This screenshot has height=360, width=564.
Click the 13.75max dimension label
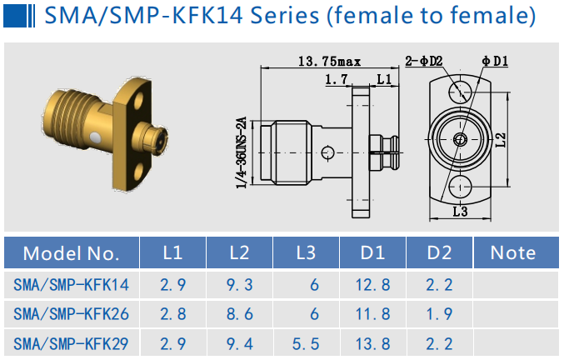click(329, 61)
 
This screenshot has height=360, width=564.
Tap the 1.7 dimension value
click(337, 79)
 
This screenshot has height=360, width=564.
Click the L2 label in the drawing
click(500, 140)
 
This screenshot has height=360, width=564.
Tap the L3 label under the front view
click(459, 212)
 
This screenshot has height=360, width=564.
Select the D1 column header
click(372, 253)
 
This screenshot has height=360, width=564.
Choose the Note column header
click(513, 253)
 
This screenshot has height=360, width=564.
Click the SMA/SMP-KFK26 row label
click(72, 314)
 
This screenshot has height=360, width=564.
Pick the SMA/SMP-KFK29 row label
click(72, 343)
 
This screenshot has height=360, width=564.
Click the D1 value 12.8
click(372, 286)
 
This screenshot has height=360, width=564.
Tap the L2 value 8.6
click(239, 314)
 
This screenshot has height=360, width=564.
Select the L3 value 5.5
click(306, 343)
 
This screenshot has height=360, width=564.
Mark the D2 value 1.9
click(439, 314)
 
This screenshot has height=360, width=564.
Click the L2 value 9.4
click(239, 343)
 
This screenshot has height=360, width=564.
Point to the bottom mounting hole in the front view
click(459, 187)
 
